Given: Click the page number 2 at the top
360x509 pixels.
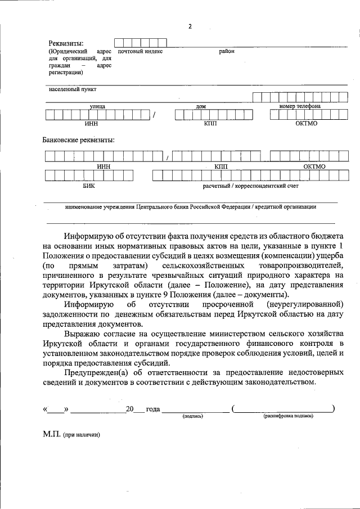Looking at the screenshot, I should click(190, 26).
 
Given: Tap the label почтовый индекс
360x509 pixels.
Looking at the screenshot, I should click(140, 51).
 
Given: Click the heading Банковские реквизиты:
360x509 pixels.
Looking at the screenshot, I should click(79, 139).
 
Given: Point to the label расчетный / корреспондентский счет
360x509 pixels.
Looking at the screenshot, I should click(250, 185).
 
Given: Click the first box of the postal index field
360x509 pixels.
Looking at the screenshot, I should click(119, 42).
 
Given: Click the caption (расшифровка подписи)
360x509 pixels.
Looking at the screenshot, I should click(287, 416).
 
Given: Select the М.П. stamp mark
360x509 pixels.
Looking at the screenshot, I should click(51, 435).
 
